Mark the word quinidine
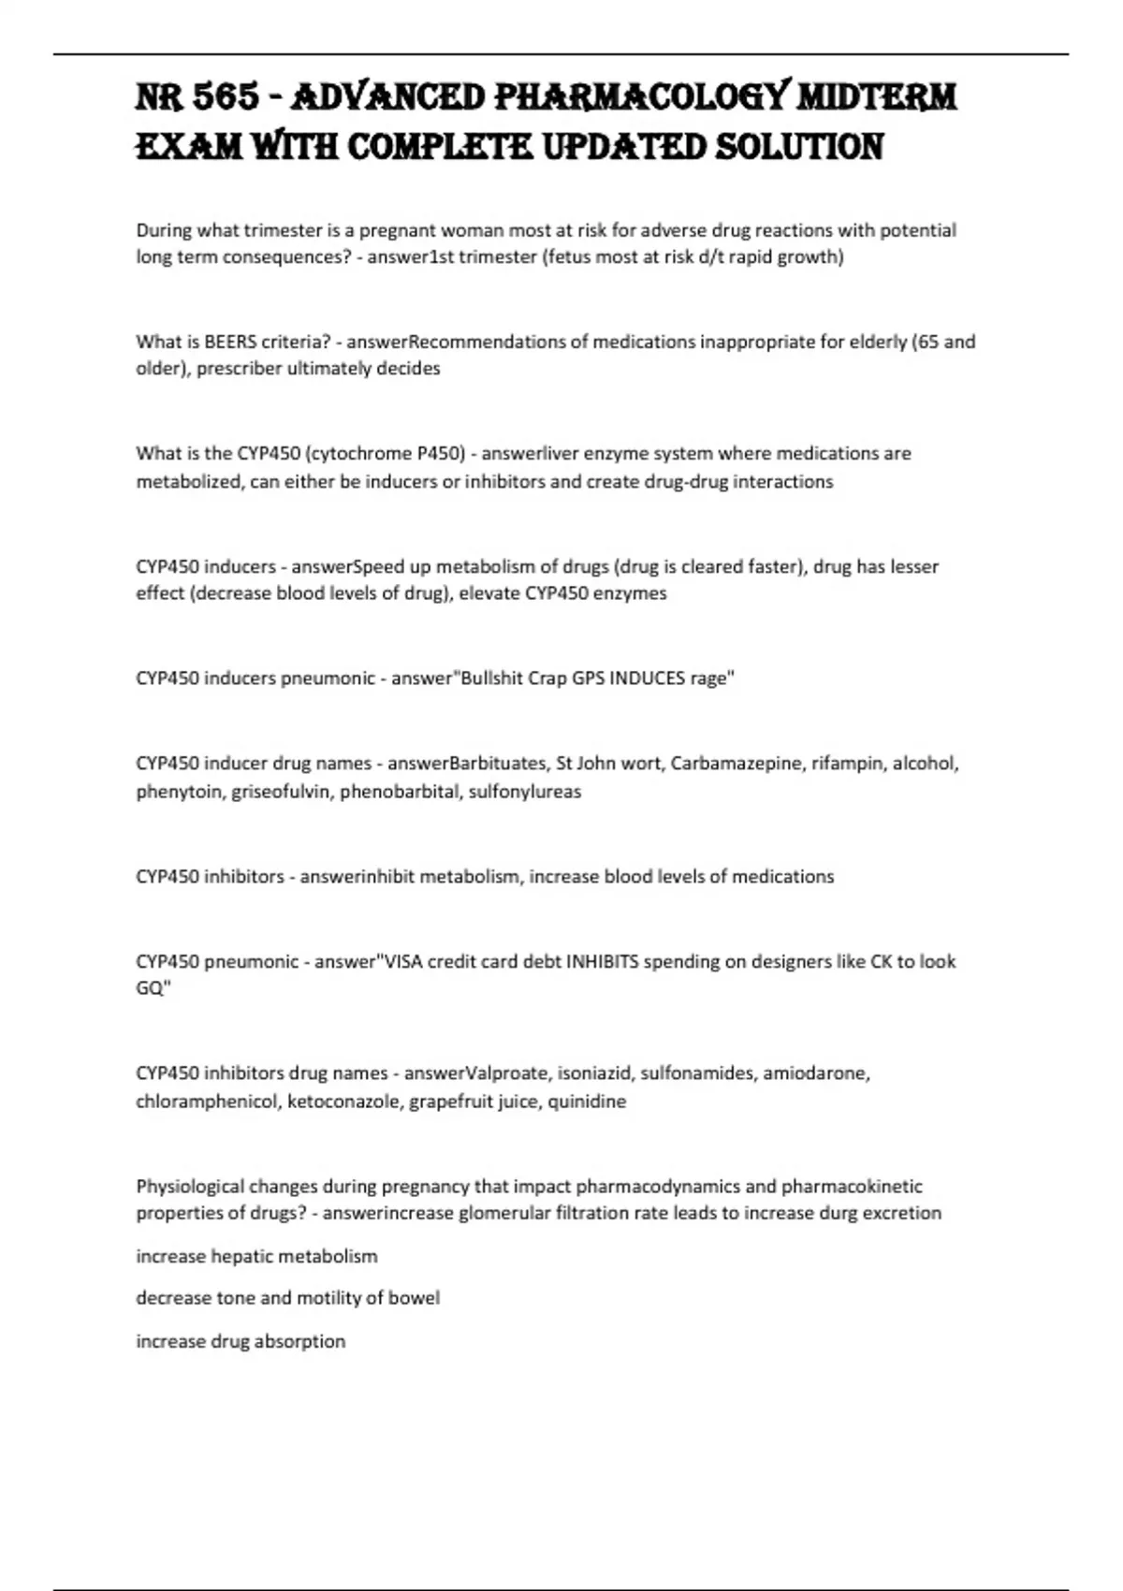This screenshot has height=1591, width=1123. [x=587, y=1102]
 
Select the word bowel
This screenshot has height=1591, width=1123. [x=414, y=1298]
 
